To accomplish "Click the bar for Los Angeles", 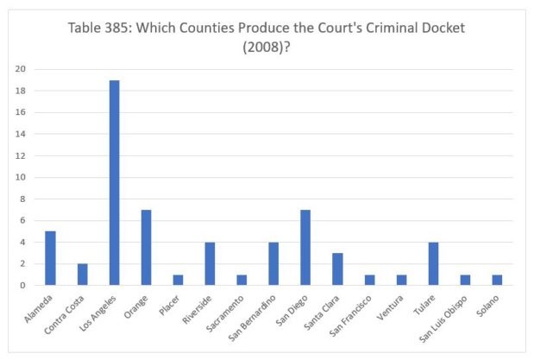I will (114, 182).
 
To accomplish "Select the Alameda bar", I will (50, 258).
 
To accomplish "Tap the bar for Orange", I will (146, 247).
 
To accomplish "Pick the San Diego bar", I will (306, 247).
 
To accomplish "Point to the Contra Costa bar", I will (82, 274).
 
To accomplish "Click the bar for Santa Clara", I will (338, 268).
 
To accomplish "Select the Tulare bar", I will (434, 263).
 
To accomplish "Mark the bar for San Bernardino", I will (274, 263).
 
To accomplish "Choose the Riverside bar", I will (210, 263).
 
